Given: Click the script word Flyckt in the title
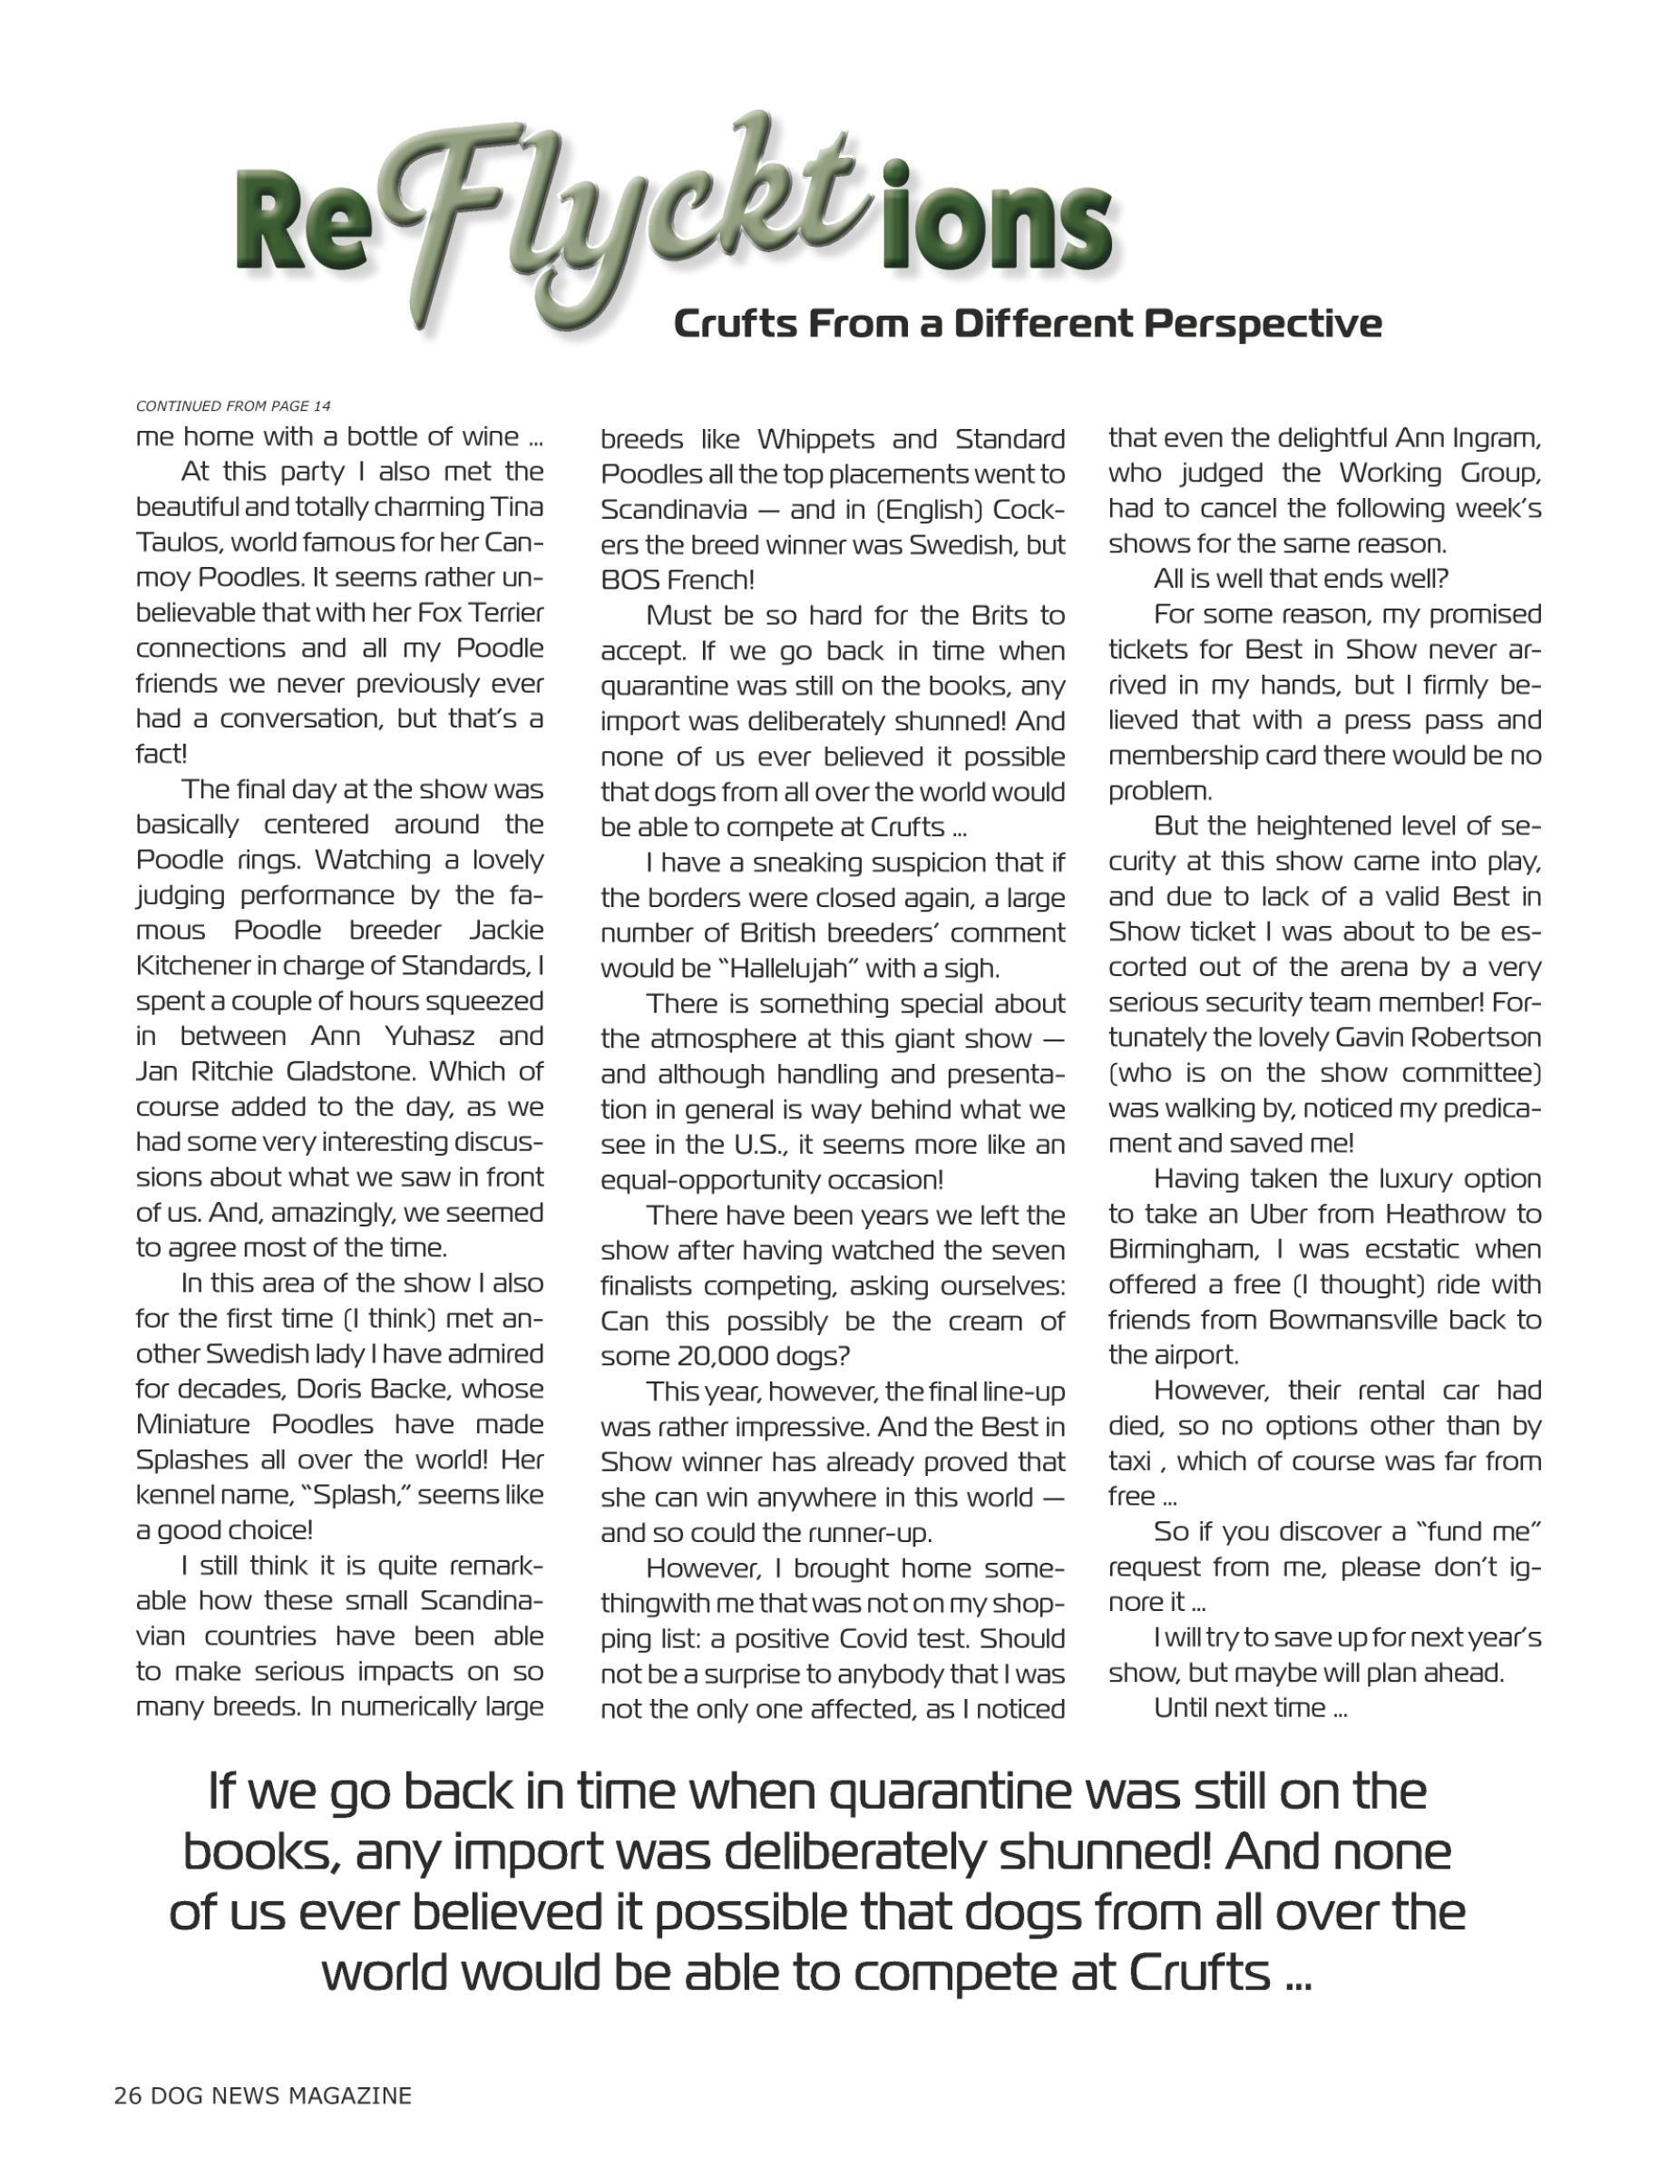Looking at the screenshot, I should coord(638,214).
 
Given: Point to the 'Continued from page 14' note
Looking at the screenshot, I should coord(233,405).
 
